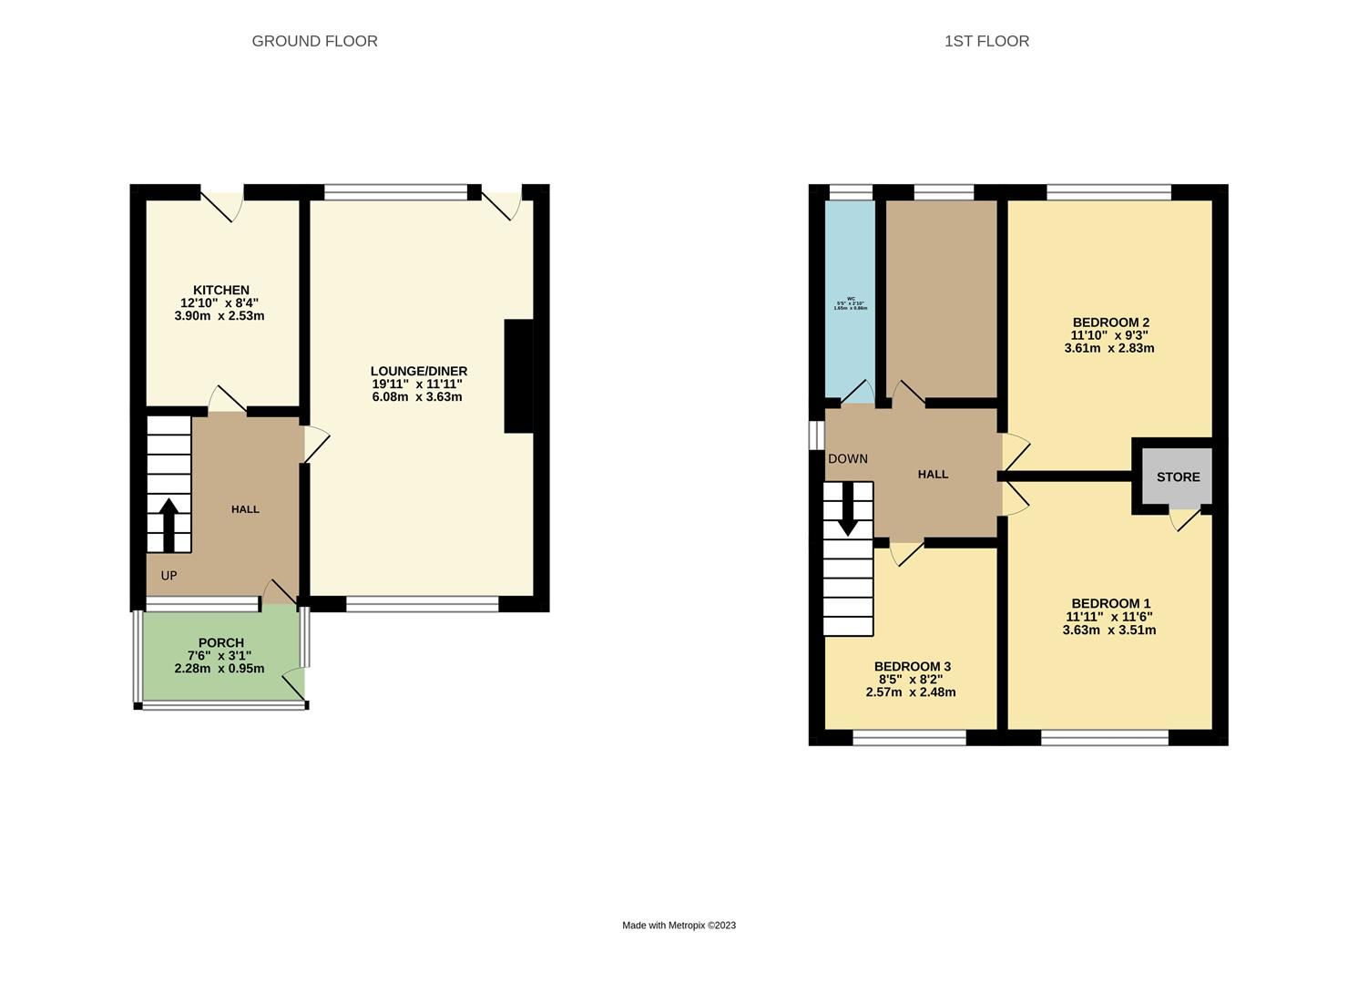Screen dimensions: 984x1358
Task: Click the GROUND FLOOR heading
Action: click(314, 41)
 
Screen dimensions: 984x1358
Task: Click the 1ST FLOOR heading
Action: click(986, 41)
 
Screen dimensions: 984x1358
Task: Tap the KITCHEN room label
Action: click(220, 291)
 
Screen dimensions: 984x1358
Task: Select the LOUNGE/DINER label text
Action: click(419, 371)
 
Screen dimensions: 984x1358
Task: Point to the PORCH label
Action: click(220, 642)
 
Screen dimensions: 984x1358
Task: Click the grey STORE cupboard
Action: click(1178, 477)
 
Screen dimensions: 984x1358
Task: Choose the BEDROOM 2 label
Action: click(1110, 323)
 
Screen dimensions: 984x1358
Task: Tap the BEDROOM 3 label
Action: click(912, 667)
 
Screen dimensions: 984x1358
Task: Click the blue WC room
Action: click(850, 301)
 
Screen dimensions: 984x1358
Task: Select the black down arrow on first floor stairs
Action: click(848, 508)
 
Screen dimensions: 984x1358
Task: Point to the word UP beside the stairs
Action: click(168, 576)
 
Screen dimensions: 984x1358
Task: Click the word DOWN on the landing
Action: click(848, 459)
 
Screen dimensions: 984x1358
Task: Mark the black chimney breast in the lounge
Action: click(519, 375)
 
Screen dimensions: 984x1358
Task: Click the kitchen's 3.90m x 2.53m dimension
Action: click(220, 316)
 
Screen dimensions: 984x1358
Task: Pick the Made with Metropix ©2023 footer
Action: click(679, 926)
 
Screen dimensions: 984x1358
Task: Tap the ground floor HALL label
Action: click(245, 509)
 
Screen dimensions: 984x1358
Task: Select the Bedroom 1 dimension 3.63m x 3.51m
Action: click(1109, 630)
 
